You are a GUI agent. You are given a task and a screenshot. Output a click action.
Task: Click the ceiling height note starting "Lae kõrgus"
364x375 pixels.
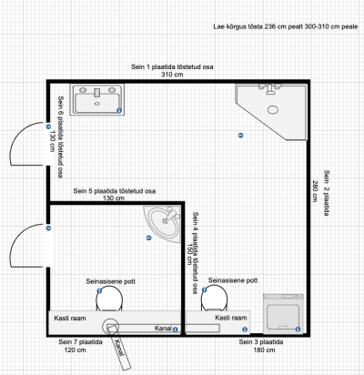(286, 26)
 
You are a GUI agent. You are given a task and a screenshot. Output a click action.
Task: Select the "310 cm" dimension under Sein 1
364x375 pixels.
(172, 75)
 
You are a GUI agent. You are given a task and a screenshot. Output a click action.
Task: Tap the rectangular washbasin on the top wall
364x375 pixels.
(97, 99)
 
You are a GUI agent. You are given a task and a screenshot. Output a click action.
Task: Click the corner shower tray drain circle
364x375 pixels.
(273, 109)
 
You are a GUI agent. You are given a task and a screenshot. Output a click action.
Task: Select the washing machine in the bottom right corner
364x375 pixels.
(283, 313)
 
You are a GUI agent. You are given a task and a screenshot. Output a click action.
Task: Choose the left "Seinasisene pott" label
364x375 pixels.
(111, 281)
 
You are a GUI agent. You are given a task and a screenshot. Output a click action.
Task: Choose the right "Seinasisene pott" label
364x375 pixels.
(233, 280)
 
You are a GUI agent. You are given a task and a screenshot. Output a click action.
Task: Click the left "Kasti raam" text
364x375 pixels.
(70, 319)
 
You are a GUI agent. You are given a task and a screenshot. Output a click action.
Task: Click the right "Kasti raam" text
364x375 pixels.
(231, 318)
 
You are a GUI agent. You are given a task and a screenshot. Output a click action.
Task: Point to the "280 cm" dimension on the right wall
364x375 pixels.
(315, 191)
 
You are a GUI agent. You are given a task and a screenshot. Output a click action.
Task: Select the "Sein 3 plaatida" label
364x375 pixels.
(261, 342)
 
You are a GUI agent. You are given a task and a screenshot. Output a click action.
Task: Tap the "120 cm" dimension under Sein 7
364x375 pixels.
(75, 350)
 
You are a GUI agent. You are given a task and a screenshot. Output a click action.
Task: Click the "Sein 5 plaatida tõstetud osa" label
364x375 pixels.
(115, 191)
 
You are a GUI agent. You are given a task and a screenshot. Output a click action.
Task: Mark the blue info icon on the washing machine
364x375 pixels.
(298, 329)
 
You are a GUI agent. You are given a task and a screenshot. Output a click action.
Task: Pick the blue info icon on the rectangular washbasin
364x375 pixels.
(119, 111)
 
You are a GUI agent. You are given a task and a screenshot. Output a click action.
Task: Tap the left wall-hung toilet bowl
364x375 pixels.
(109, 299)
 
